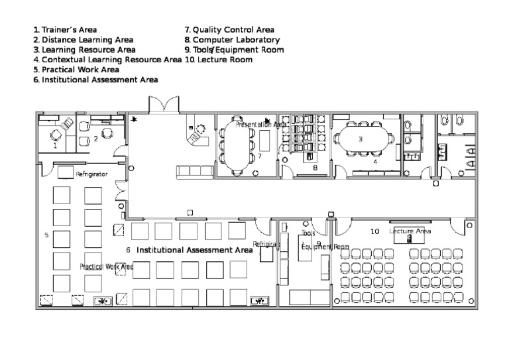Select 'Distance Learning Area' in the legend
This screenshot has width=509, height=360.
pyautogui.click(x=83, y=40)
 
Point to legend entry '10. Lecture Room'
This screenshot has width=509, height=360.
pyautogui.click(x=219, y=59)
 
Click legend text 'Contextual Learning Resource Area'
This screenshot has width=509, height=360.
pyautogui.click(x=107, y=59)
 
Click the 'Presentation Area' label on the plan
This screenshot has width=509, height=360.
pyautogui.click(x=260, y=124)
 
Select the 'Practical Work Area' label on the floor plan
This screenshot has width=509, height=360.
pyautogui.click(x=107, y=267)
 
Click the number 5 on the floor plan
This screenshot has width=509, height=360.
pyautogui.click(x=46, y=235)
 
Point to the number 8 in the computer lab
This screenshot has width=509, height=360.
pyautogui.click(x=315, y=168)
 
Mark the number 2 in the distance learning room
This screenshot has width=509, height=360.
pyautogui.click(x=95, y=139)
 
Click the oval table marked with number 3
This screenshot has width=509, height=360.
pyautogui.click(x=360, y=140)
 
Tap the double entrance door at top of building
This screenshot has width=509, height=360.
pyautogui.click(x=163, y=105)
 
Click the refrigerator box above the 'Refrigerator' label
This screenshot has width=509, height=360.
pyautogui.click(x=65, y=172)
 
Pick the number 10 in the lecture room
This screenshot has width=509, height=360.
pyautogui.click(x=374, y=231)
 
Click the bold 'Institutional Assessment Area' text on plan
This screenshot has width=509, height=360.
pyautogui.click(x=194, y=251)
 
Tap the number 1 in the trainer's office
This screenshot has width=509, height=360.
pyautogui.click(x=55, y=146)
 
